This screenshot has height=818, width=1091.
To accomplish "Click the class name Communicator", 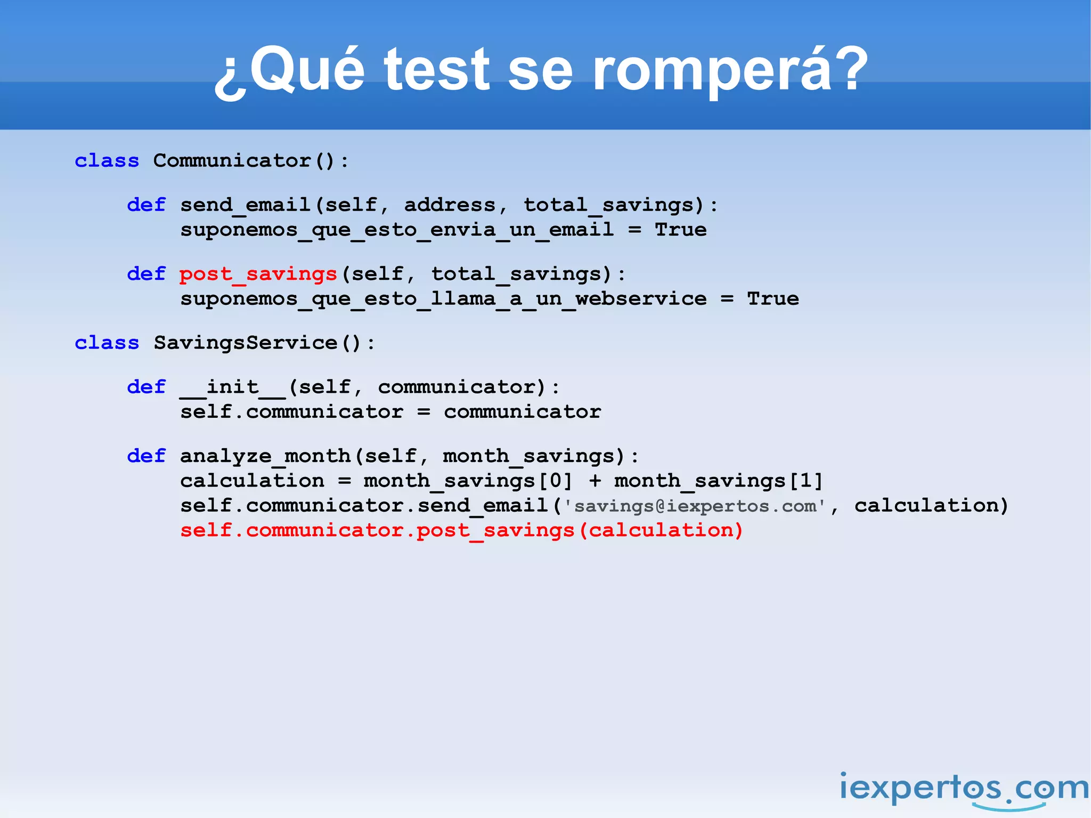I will (232, 160).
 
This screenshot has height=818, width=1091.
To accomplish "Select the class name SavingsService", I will (246, 343).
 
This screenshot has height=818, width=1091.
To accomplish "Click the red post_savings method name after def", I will (258, 274).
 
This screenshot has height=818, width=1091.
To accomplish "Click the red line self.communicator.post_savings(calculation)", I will (461, 530).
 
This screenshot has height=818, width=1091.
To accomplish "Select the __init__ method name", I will (233, 387).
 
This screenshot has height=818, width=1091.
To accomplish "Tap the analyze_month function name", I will (265, 456).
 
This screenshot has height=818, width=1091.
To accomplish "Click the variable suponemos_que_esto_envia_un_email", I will (397, 230).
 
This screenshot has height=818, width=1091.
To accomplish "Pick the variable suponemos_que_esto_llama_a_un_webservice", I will (443, 299).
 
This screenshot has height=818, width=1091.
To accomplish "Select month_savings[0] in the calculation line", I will (468, 481).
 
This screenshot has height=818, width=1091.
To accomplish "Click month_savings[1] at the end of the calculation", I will (718, 481).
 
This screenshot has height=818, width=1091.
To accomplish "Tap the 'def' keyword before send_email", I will (146, 205).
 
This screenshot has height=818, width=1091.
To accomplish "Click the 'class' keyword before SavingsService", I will (107, 343).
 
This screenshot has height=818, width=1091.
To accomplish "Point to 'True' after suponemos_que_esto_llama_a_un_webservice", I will (772, 299).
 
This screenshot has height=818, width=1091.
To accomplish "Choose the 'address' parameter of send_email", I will (450, 205).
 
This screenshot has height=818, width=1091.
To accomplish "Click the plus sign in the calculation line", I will (595, 481).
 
